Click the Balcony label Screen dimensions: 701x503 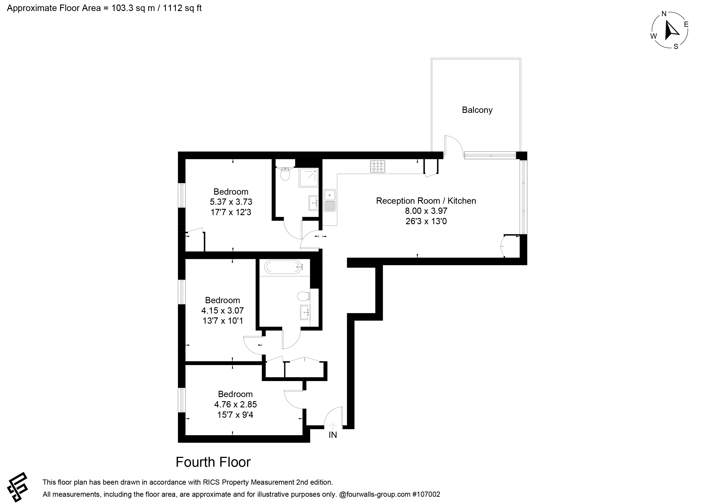pyautogui.click(x=477, y=110)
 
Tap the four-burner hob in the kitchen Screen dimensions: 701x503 pyautogui.click(x=378, y=166)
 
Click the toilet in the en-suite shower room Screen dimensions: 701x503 pyautogui.click(x=285, y=174)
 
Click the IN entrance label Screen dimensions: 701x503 pyautogui.click(x=332, y=435)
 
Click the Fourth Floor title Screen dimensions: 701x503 pyautogui.click(x=213, y=462)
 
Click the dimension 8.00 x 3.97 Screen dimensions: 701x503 pyautogui.click(x=426, y=211)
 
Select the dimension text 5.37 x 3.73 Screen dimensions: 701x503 pyautogui.click(x=231, y=202)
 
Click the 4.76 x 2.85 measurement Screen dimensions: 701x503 pyautogui.click(x=235, y=404)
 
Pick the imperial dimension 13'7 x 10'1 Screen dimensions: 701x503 pyautogui.click(x=223, y=321)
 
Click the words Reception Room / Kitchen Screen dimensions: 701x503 pyautogui.click(x=426, y=201)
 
